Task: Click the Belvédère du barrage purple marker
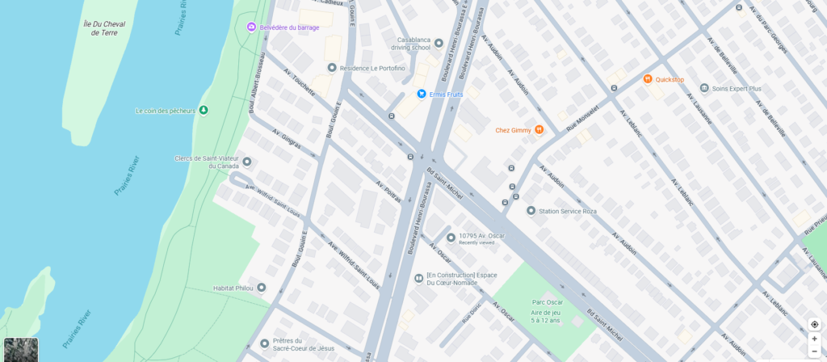(251, 27)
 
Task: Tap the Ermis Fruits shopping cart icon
(421, 94)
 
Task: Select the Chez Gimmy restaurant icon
(539, 129)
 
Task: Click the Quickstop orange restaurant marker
(647, 79)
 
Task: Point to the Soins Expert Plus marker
(704, 88)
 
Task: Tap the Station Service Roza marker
(531, 211)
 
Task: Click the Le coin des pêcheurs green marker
(204, 111)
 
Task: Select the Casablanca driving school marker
(439, 43)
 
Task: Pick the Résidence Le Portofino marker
(331, 68)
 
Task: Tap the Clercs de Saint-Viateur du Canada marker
(247, 162)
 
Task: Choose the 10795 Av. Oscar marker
(451, 237)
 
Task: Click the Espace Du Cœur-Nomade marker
(418, 279)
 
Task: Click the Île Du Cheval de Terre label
(105, 27)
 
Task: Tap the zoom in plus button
(814, 339)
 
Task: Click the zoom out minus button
(814, 351)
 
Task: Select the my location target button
(814, 324)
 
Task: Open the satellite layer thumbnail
(21, 349)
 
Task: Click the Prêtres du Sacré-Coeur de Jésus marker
(264, 344)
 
